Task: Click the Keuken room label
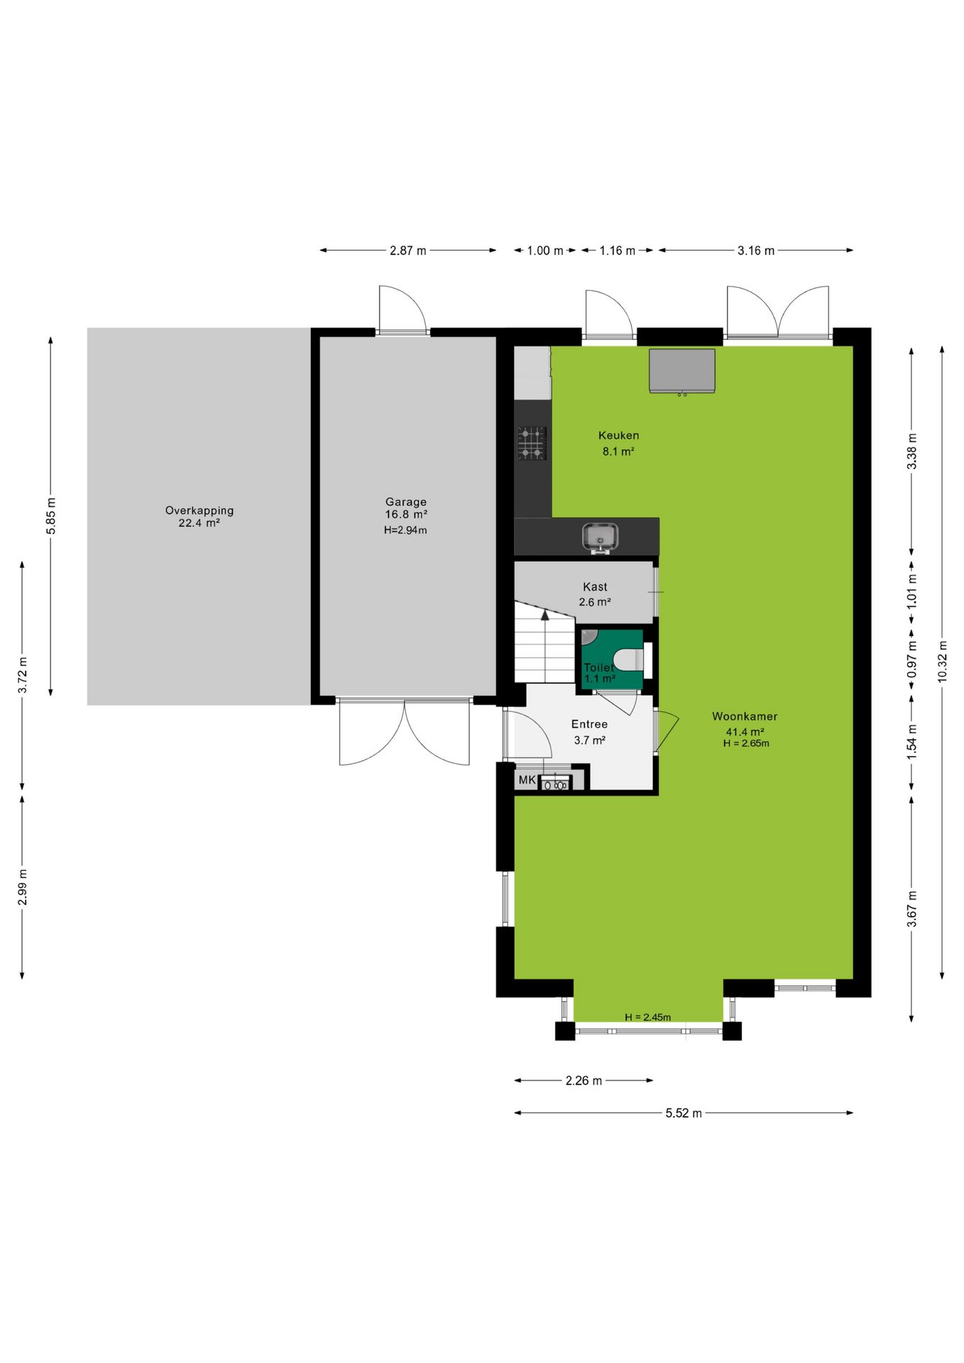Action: (x=618, y=435)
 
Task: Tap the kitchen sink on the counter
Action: (x=601, y=537)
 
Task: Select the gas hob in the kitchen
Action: (x=532, y=443)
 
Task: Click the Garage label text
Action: (x=406, y=501)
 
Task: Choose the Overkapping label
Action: (x=199, y=510)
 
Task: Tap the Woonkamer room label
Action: (x=745, y=716)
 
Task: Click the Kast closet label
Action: (x=595, y=586)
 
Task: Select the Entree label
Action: (x=589, y=724)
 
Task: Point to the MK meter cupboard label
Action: (x=527, y=779)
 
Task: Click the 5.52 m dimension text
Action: (x=683, y=1113)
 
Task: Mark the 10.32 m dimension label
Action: (x=942, y=662)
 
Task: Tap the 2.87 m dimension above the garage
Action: (x=408, y=251)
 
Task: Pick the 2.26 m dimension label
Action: (x=584, y=1080)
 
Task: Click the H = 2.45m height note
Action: (x=647, y=1017)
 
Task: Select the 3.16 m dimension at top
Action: (x=756, y=251)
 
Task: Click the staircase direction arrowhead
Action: (x=545, y=615)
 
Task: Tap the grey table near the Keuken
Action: (x=682, y=370)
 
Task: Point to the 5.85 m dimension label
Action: (x=50, y=516)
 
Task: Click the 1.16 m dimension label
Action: (x=618, y=251)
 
